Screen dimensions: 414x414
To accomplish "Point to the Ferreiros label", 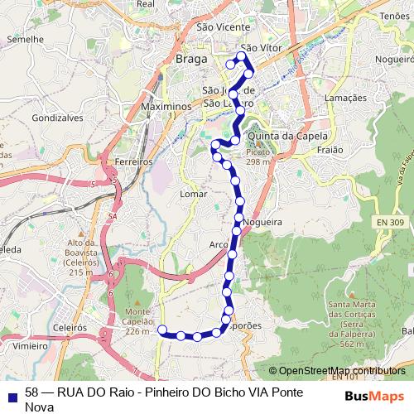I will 134,161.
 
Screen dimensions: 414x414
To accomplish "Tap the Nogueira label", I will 265,222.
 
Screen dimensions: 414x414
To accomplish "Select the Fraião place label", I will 331,151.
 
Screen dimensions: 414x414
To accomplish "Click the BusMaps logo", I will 375,396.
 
